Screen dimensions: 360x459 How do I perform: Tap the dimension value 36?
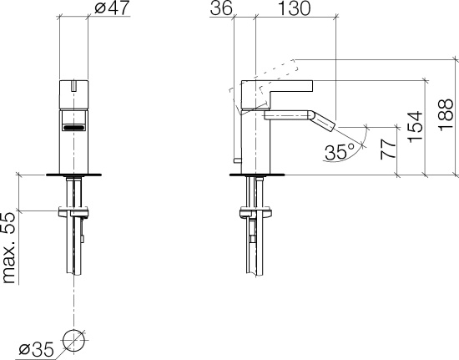point(221,10)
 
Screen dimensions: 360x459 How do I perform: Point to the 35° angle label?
point(340,152)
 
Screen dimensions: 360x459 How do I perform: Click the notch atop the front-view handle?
point(74,84)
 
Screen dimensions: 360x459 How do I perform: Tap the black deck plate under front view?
point(74,175)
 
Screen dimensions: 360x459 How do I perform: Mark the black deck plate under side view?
point(255,175)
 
